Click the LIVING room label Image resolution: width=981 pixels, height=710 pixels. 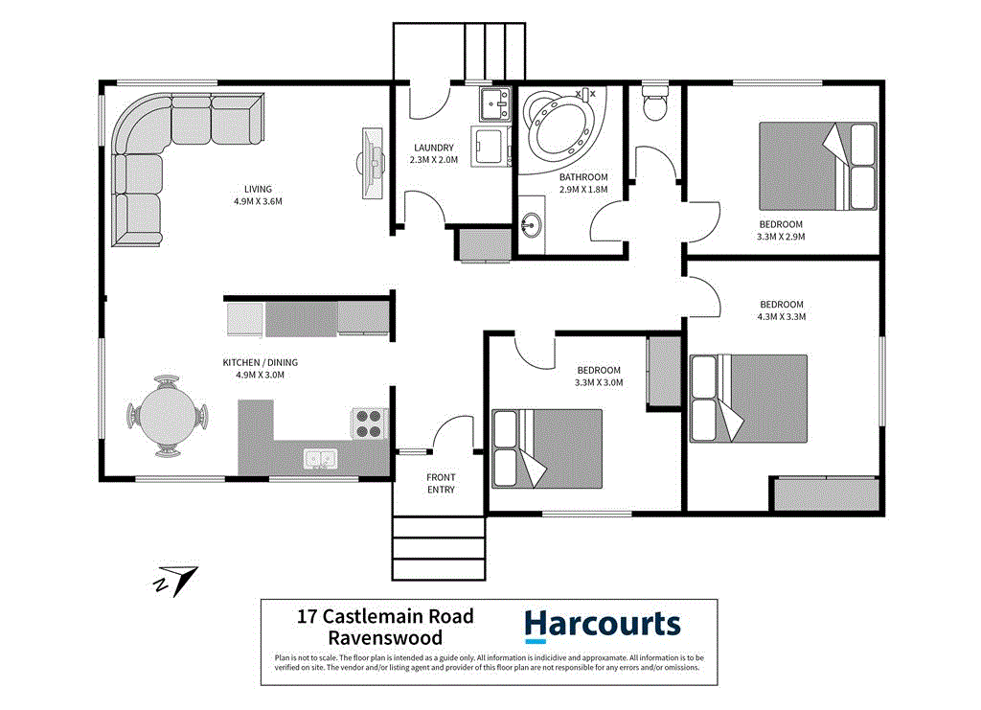point(258,189)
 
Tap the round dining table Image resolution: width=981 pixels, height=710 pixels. point(167,416)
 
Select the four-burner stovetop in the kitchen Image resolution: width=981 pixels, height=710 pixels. point(369,424)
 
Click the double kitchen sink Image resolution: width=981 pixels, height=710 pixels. point(319,460)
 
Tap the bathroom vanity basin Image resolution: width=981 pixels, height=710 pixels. point(532,227)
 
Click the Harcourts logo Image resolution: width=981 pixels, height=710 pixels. point(603,626)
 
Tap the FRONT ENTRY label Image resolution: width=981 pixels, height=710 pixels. point(441,483)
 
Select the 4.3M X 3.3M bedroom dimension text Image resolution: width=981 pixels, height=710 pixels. point(782,316)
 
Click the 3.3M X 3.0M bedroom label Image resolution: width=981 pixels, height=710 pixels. point(599,376)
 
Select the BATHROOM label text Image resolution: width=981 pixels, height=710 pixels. point(583,177)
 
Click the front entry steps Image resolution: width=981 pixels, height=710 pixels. point(439,548)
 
